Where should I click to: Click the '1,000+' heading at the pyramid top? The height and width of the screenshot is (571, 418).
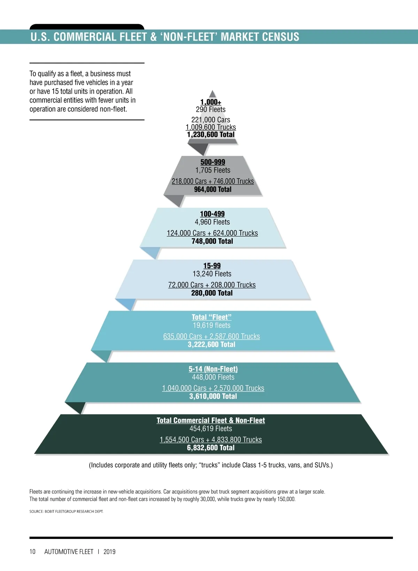coord(211,102)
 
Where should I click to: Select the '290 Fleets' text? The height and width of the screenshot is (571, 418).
coord(211,109)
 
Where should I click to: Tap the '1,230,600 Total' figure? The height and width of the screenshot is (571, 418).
coord(211,135)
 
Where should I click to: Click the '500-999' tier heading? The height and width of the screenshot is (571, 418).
coord(213,162)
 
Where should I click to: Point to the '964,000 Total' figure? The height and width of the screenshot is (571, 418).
coord(213,189)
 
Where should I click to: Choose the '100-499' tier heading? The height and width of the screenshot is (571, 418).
coord(212,214)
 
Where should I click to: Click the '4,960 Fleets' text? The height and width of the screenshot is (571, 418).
coord(212,222)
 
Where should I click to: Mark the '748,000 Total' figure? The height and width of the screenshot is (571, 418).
coord(212,241)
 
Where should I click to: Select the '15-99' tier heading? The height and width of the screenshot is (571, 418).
coord(212,266)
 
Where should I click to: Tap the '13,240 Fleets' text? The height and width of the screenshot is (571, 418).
coord(212,274)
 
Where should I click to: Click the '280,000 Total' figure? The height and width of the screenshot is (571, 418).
coord(212,293)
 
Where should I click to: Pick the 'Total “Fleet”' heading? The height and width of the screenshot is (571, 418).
coord(212,317)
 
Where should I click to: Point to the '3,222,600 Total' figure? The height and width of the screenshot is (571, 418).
coord(212,344)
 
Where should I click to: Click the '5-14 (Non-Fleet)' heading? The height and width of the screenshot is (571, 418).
coord(213,369)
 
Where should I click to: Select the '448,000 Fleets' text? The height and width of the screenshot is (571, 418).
coord(213,377)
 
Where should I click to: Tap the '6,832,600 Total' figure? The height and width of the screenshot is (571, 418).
coord(211,448)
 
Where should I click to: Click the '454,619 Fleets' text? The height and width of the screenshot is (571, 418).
coord(211,429)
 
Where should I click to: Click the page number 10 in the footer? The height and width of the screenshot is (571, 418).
coord(32,551)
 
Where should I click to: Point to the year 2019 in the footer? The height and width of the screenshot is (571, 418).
coord(109,551)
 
